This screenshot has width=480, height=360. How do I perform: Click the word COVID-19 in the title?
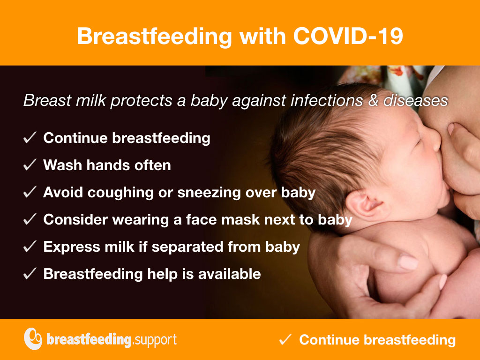tap(348, 36)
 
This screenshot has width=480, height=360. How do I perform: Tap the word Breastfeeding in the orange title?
tap(155, 36)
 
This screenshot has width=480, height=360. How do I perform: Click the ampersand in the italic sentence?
tap(373, 100)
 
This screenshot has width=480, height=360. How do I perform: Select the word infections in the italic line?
tap(327, 100)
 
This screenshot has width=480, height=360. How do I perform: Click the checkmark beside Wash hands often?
tap(30, 165)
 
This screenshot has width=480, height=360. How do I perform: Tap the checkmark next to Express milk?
tap(30, 247)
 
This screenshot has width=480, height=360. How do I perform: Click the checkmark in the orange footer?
tap(285, 339)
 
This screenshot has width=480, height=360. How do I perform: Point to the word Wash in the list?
tap(62, 165)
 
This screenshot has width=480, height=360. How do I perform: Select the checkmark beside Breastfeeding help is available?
tap(30, 274)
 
